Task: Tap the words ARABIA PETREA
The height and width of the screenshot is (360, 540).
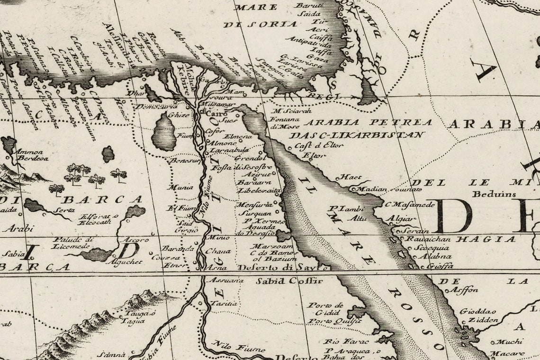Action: (x=368, y=123)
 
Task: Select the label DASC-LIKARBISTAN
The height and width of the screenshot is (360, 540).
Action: (x=357, y=135)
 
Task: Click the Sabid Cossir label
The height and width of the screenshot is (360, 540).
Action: (x=289, y=281)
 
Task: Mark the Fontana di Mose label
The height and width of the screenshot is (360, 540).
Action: (x=284, y=123)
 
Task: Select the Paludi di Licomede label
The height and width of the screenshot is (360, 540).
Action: (x=71, y=243)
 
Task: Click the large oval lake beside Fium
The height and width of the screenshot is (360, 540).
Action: (x=164, y=132)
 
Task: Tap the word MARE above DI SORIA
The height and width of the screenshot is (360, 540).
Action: (x=256, y=7)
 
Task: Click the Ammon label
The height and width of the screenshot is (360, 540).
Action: (x=29, y=152)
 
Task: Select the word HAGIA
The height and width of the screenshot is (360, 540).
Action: (x=486, y=239)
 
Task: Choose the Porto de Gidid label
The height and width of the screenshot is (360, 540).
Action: (x=325, y=309)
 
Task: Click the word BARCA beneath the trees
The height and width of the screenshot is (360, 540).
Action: (x=101, y=199)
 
